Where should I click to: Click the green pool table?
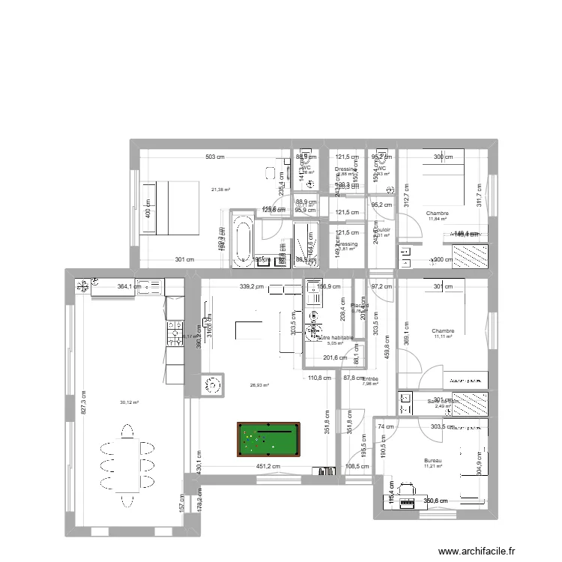[x=265, y=439]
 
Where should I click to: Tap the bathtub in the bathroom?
[x=241, y=241]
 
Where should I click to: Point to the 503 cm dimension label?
[x=215, y=157]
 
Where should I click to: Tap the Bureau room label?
[x=433, y=461]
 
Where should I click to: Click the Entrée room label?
[x=370, y=379]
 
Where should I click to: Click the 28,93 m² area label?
[x=259, y=385]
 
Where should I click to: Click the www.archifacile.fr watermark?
[x=477, y=551]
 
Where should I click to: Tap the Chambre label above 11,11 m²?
[x=443, y=330]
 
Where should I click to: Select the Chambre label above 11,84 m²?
[x=438, y=214]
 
